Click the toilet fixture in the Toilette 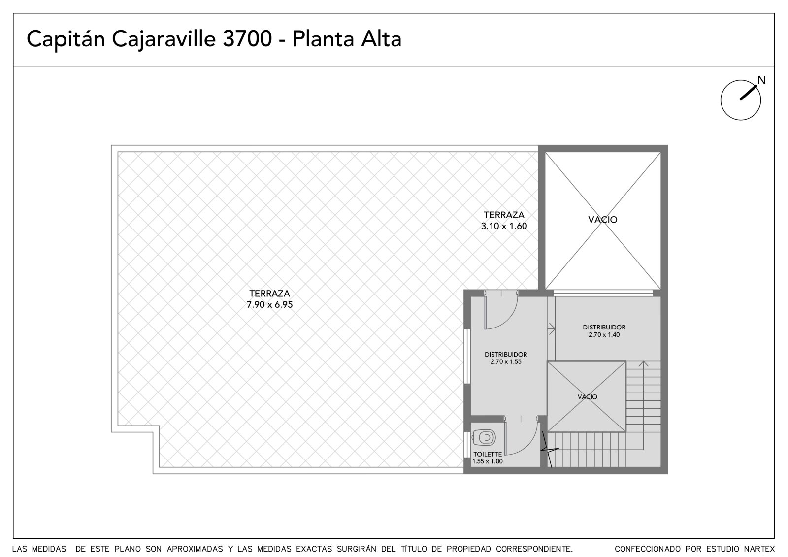[x=484, y=438]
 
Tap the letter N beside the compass [x=761, y=80]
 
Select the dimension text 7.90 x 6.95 [x=269, y=305]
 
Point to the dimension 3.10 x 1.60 [x=504, y=226]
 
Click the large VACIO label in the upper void [x=603, y=220]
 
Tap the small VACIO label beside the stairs [x=587, y=397]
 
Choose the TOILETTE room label [x=488, y=454]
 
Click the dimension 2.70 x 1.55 [x=506, y=361]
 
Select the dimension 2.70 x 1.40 [x=604, y=334]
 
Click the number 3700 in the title [x=247, y=39]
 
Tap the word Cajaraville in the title [x=164, y=39]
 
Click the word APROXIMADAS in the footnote [x=195, y=549]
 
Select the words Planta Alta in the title [x=347, y=39]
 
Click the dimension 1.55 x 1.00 [x=487, y=461]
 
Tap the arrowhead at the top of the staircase [x=643, y=364]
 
